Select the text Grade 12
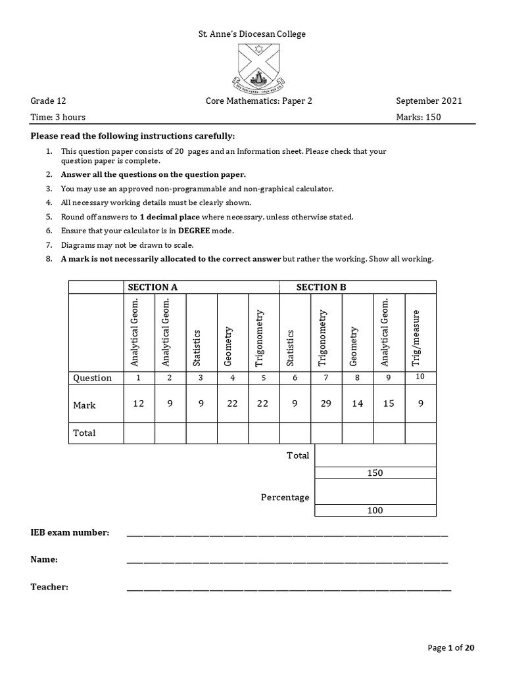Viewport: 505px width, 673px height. coord(49,101)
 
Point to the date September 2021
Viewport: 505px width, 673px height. coord(429,101)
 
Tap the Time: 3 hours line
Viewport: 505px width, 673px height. coord(58,117)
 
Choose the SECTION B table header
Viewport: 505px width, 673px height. coord(321,287)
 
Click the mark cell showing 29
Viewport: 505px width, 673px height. coord(326,404)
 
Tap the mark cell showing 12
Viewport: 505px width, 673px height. coord(138,404)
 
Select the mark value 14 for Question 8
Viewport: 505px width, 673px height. coord(357,404)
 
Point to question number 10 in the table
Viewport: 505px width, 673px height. coord(420,377)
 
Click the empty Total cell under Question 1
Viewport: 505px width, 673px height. coord(138,432)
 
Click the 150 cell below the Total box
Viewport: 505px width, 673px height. coord(375,473)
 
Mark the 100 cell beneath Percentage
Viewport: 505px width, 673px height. coord(375,511)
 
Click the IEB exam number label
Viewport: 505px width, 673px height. coord(70,532)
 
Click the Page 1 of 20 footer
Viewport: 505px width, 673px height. coord(451,648)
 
